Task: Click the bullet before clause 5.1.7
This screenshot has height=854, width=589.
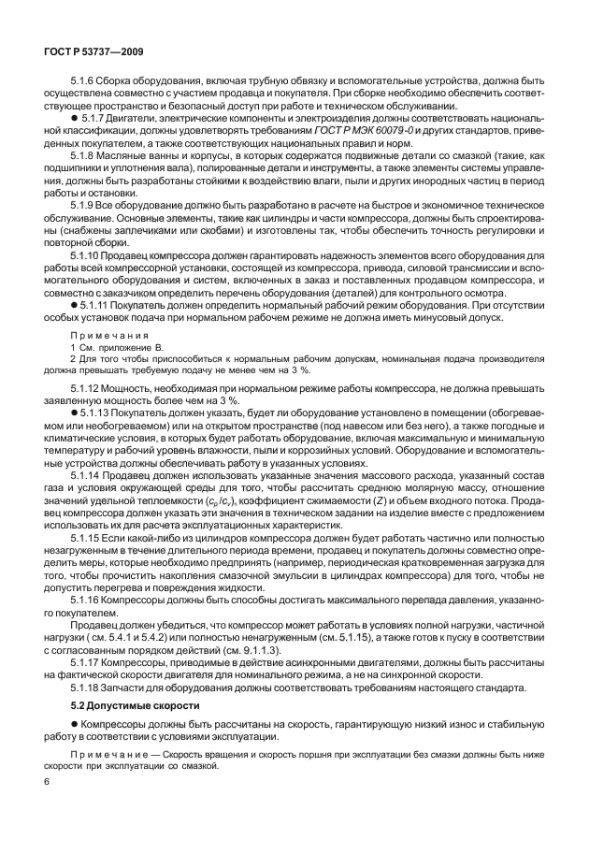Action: [74, 123]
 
